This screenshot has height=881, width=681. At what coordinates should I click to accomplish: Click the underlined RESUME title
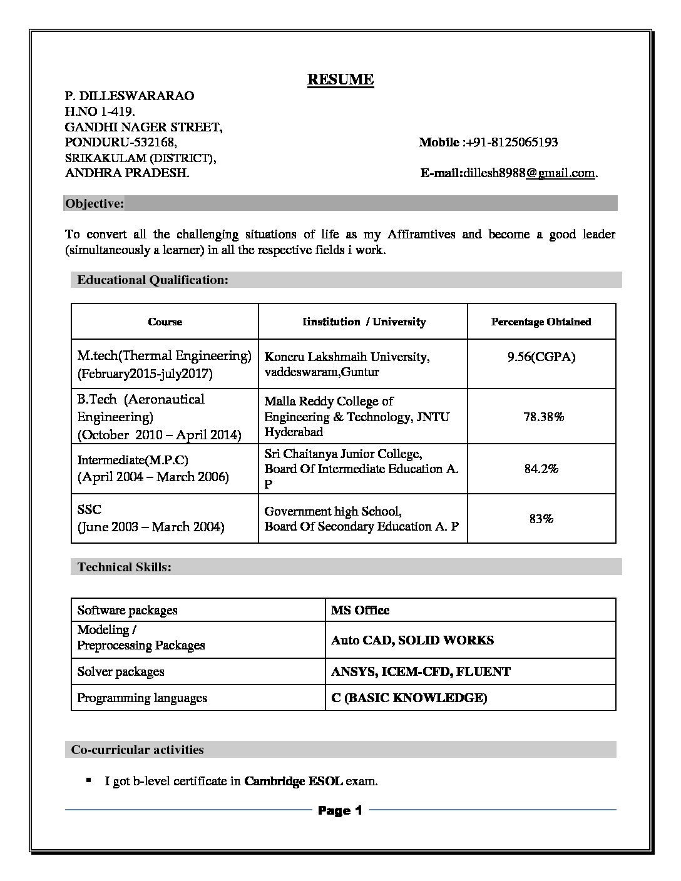coord(340,79)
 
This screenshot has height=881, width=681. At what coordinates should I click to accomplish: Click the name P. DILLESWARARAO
coord(130,96)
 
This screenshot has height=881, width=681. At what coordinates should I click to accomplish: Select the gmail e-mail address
coord(529,173)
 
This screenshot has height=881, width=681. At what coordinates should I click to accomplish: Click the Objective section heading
coord(95,203)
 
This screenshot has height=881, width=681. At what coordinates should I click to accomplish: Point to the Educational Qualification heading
coord(153,280)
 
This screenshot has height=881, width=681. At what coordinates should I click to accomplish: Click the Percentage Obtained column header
coord(541,322)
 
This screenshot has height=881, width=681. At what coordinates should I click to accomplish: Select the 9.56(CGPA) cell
coord(541,357)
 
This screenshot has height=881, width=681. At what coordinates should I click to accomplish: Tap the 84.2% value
coord(541,469)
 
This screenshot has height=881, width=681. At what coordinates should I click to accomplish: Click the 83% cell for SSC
coord(541,519)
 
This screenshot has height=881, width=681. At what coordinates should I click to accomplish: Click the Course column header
coord(165,322)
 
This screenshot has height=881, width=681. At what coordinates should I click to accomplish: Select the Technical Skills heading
coord(124,567)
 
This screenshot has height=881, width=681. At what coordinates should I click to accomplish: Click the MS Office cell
coord(360,610)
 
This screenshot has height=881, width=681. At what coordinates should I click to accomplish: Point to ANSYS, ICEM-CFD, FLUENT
coord(421,671)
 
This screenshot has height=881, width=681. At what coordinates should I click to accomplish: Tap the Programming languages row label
coord(142,698)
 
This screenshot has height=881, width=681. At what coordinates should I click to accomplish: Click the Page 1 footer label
coord(340,810)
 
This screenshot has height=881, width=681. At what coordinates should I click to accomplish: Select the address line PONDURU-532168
coord(121,142)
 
